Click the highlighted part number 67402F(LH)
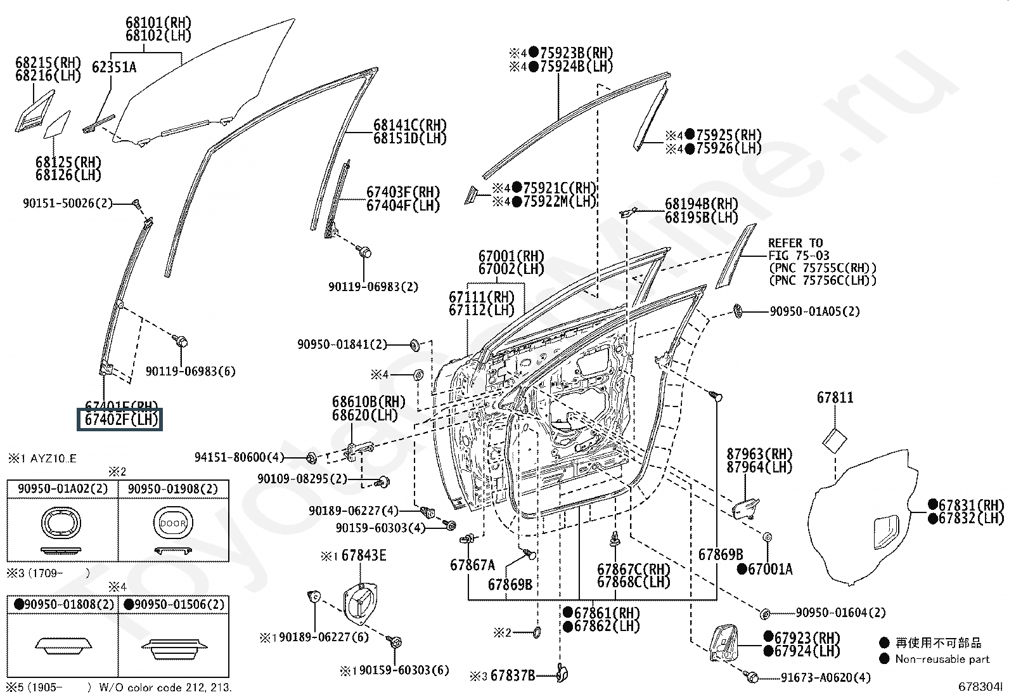point(120,419)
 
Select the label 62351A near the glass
point(114,67)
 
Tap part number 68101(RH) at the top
point(158,23)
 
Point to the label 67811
point(835,398)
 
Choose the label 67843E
point(363,556)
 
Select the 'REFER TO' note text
point(795,243)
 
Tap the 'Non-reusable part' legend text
point(942,659)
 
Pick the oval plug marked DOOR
point(173,524)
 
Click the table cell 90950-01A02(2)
point(63,488)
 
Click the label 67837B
point(513,675)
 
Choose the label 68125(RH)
point(68,162)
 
